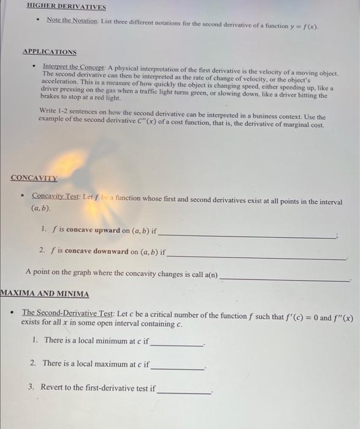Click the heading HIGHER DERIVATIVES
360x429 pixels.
click(66, 7)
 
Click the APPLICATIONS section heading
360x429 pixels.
click(50, 52)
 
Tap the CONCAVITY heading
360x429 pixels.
click(34, 178)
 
